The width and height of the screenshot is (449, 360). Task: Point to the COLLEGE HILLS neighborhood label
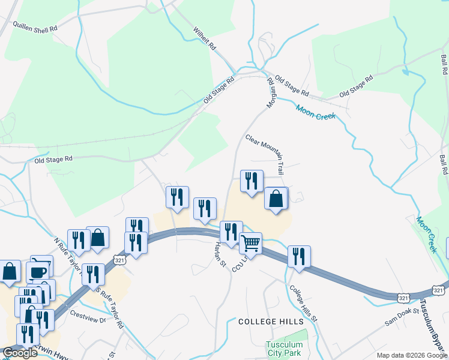click(x=271, y=322)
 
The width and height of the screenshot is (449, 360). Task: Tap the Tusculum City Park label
click(x=285, y=349)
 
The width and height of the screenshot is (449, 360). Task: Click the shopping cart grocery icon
click(x=250, y=243)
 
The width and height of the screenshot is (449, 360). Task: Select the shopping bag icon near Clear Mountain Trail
click(x=276, y=198)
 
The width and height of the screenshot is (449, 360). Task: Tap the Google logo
click(x=20, y=353)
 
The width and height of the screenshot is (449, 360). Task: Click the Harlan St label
click(x=220, y=254)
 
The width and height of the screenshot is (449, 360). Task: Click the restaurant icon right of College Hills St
click(x=298, y=256)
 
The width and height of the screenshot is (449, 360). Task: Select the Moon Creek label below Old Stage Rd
click(x=315, y=112)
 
